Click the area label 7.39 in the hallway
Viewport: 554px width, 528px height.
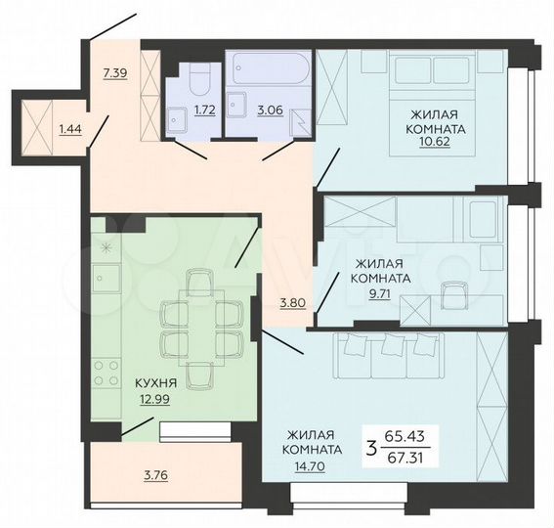click(116, 73)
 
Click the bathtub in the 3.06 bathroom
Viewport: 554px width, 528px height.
click(268, 70)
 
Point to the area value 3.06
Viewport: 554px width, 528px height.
click(269, 110)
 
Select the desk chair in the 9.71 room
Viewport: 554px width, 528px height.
click(452, 294)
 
